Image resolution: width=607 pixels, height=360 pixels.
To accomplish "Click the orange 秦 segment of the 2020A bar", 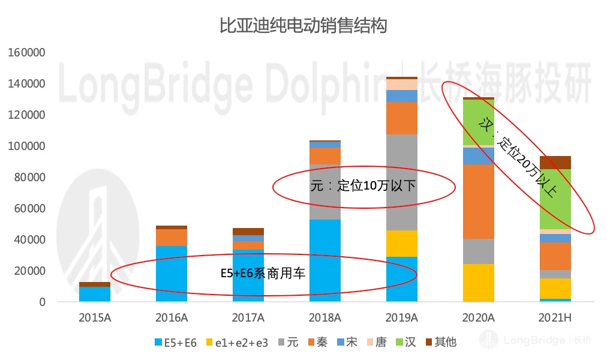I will pyautogui.click(x=479, y=201).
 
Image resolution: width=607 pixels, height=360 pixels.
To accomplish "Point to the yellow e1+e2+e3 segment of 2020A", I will pyautogui.click(x=479, y=282).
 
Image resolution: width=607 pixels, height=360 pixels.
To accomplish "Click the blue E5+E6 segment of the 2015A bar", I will pyautogui.click(x=95, y=294).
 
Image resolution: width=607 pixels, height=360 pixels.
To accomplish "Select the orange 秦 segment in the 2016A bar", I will pyautogui.click(x=172, y=238).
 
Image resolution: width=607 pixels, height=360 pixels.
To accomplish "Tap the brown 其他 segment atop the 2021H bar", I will pyautogui.click(x=555, y=162).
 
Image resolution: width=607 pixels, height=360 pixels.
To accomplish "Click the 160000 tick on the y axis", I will pyautogui.click(x=27, y=53).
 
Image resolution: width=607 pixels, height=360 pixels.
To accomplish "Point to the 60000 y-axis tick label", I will pyautogui.click(x=29, y=209).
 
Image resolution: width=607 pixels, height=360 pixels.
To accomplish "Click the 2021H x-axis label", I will pyautogui.click(x=555, y=317).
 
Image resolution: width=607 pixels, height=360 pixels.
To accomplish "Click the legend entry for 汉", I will pyautogui.click(x=405, y=343).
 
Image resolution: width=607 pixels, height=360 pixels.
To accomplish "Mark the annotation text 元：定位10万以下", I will pyautogui.click(x=363, y=185).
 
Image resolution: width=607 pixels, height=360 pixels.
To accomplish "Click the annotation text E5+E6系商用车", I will pyautogui.click(x=263, y=274).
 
